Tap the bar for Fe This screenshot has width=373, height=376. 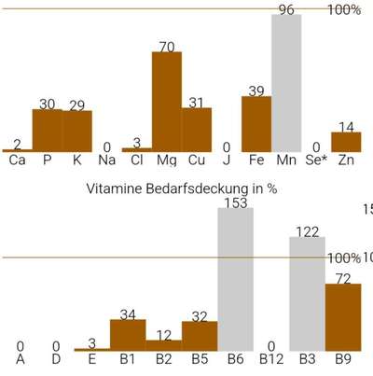[x=256, y=123]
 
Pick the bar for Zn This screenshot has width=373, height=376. [x=346, y=141]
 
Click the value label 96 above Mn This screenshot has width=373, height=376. [x=286, y=9]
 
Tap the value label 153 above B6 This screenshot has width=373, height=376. [x=236, y=202]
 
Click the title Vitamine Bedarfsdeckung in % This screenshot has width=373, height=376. [x=182, y=188]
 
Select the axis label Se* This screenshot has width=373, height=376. [x=318, y=160]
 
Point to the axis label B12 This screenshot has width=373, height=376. [x=270, y=357]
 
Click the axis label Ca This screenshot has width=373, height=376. [x=17, y=160]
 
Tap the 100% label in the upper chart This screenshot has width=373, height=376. [x=344, y=10]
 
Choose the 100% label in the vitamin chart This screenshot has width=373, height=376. [x=344, y=258]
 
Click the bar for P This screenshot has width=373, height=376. [x=47, y=130]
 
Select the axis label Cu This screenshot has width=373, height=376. [x=197, y=160]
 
